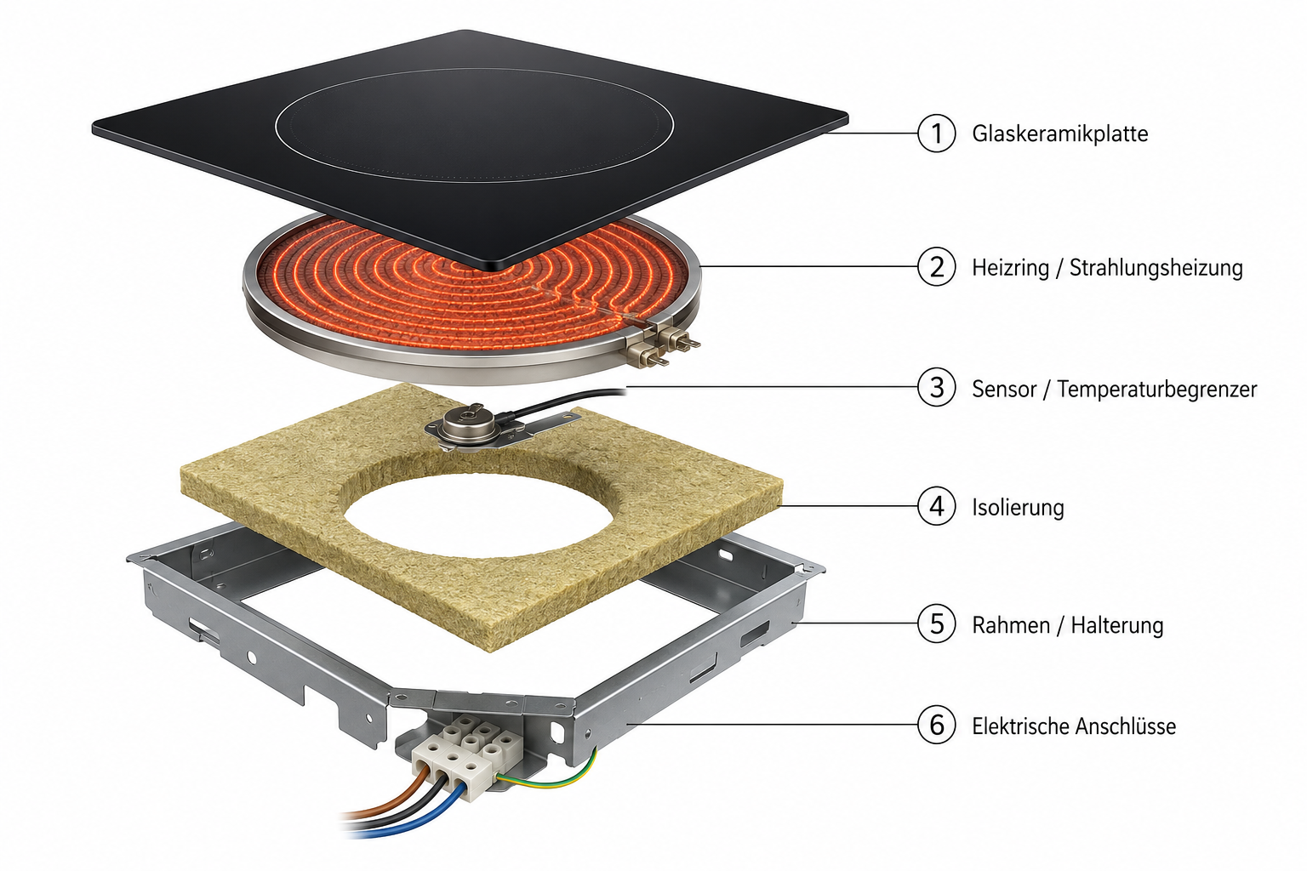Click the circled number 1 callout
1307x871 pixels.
[937, 134]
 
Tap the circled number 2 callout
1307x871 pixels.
[937, 267]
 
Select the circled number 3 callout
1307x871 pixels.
[937, 387]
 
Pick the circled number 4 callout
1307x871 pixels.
[937, 506]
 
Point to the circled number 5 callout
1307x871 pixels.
[937, 623]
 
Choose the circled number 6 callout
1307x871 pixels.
[937, 726]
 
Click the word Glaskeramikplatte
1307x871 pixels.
[1059, 134]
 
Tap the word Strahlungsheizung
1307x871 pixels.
[1156, 268]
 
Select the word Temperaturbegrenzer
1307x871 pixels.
[1157, 389]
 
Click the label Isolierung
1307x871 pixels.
[1018, 507]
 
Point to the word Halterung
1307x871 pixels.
[1116, 625]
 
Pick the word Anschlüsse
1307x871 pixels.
[1125, 726]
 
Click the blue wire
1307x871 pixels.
[408, 814]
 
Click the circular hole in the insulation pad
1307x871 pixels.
[478, 515]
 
